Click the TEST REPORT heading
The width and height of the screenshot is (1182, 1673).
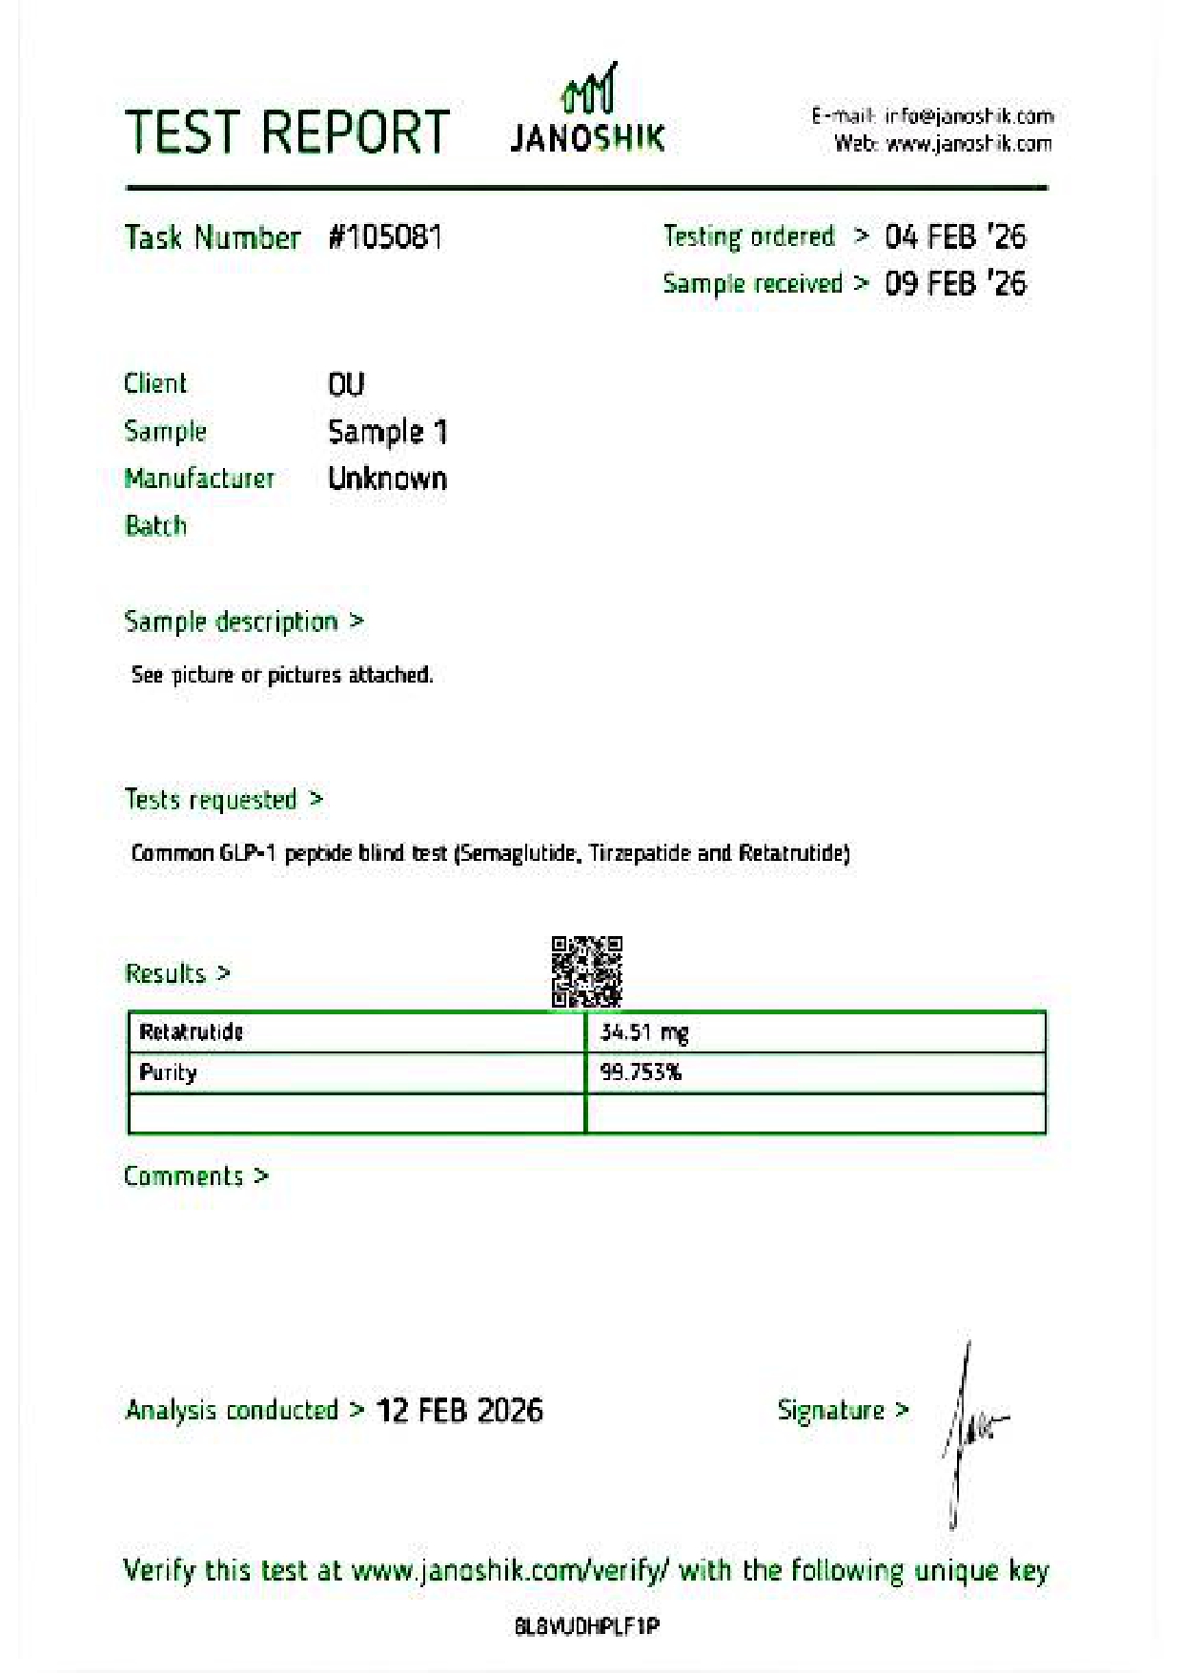click(x=287, y=132)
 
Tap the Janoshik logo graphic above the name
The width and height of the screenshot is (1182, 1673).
click(x=588, y=91)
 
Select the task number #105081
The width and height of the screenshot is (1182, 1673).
click(x=385, y=236)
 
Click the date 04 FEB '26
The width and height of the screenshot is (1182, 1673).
click(x=955, y=236)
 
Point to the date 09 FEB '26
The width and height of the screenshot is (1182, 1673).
click(x=955, y=283)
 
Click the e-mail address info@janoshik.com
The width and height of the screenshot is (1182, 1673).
click(x=968, y=116)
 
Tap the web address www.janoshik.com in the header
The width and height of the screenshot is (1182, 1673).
click(x=968, y=144)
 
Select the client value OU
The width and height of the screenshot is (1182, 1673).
click(x=346, y=384)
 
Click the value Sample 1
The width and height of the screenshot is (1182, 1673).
click(x=387, y=432)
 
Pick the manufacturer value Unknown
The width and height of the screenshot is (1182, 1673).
click(x=387, y=479)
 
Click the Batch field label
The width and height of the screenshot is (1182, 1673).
click(x=155, y=525)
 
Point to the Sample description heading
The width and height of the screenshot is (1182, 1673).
click(x=232, y=622)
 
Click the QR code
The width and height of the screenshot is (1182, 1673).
click(x=586, y=971)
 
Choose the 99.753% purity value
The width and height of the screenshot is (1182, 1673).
click(x=641, y=1072)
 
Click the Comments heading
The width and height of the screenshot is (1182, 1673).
click(x=184, y=1176)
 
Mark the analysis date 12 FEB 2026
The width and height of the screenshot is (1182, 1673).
click(x=459, y=1410)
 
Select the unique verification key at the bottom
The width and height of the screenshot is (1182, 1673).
click(x=586, y=1626)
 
